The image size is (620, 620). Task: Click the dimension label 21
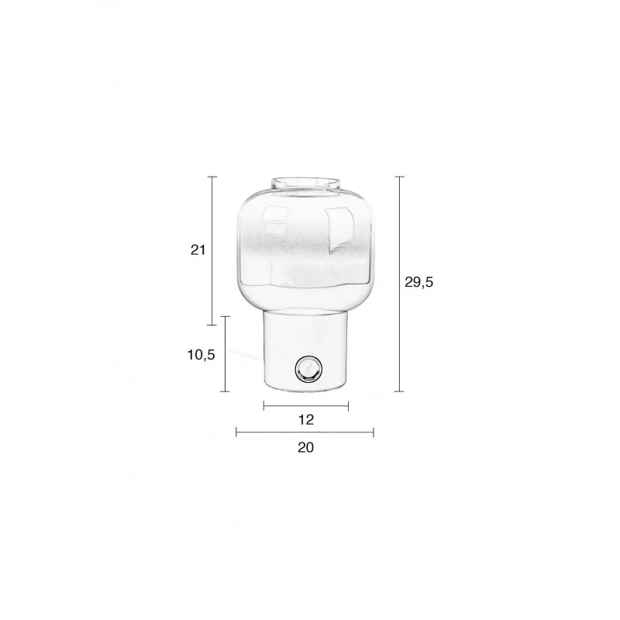point(198,250)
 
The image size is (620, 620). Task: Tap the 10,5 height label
point(201,355)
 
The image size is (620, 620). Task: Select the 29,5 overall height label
point(418,282)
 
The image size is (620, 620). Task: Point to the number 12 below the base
point(306,419)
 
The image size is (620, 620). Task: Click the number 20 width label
point(305,448)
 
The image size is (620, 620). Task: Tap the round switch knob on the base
point(308,370)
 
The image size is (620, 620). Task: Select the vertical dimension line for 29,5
point(399,284)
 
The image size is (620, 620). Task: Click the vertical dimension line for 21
point(212,250)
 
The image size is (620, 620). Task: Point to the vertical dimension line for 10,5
point(225,354)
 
